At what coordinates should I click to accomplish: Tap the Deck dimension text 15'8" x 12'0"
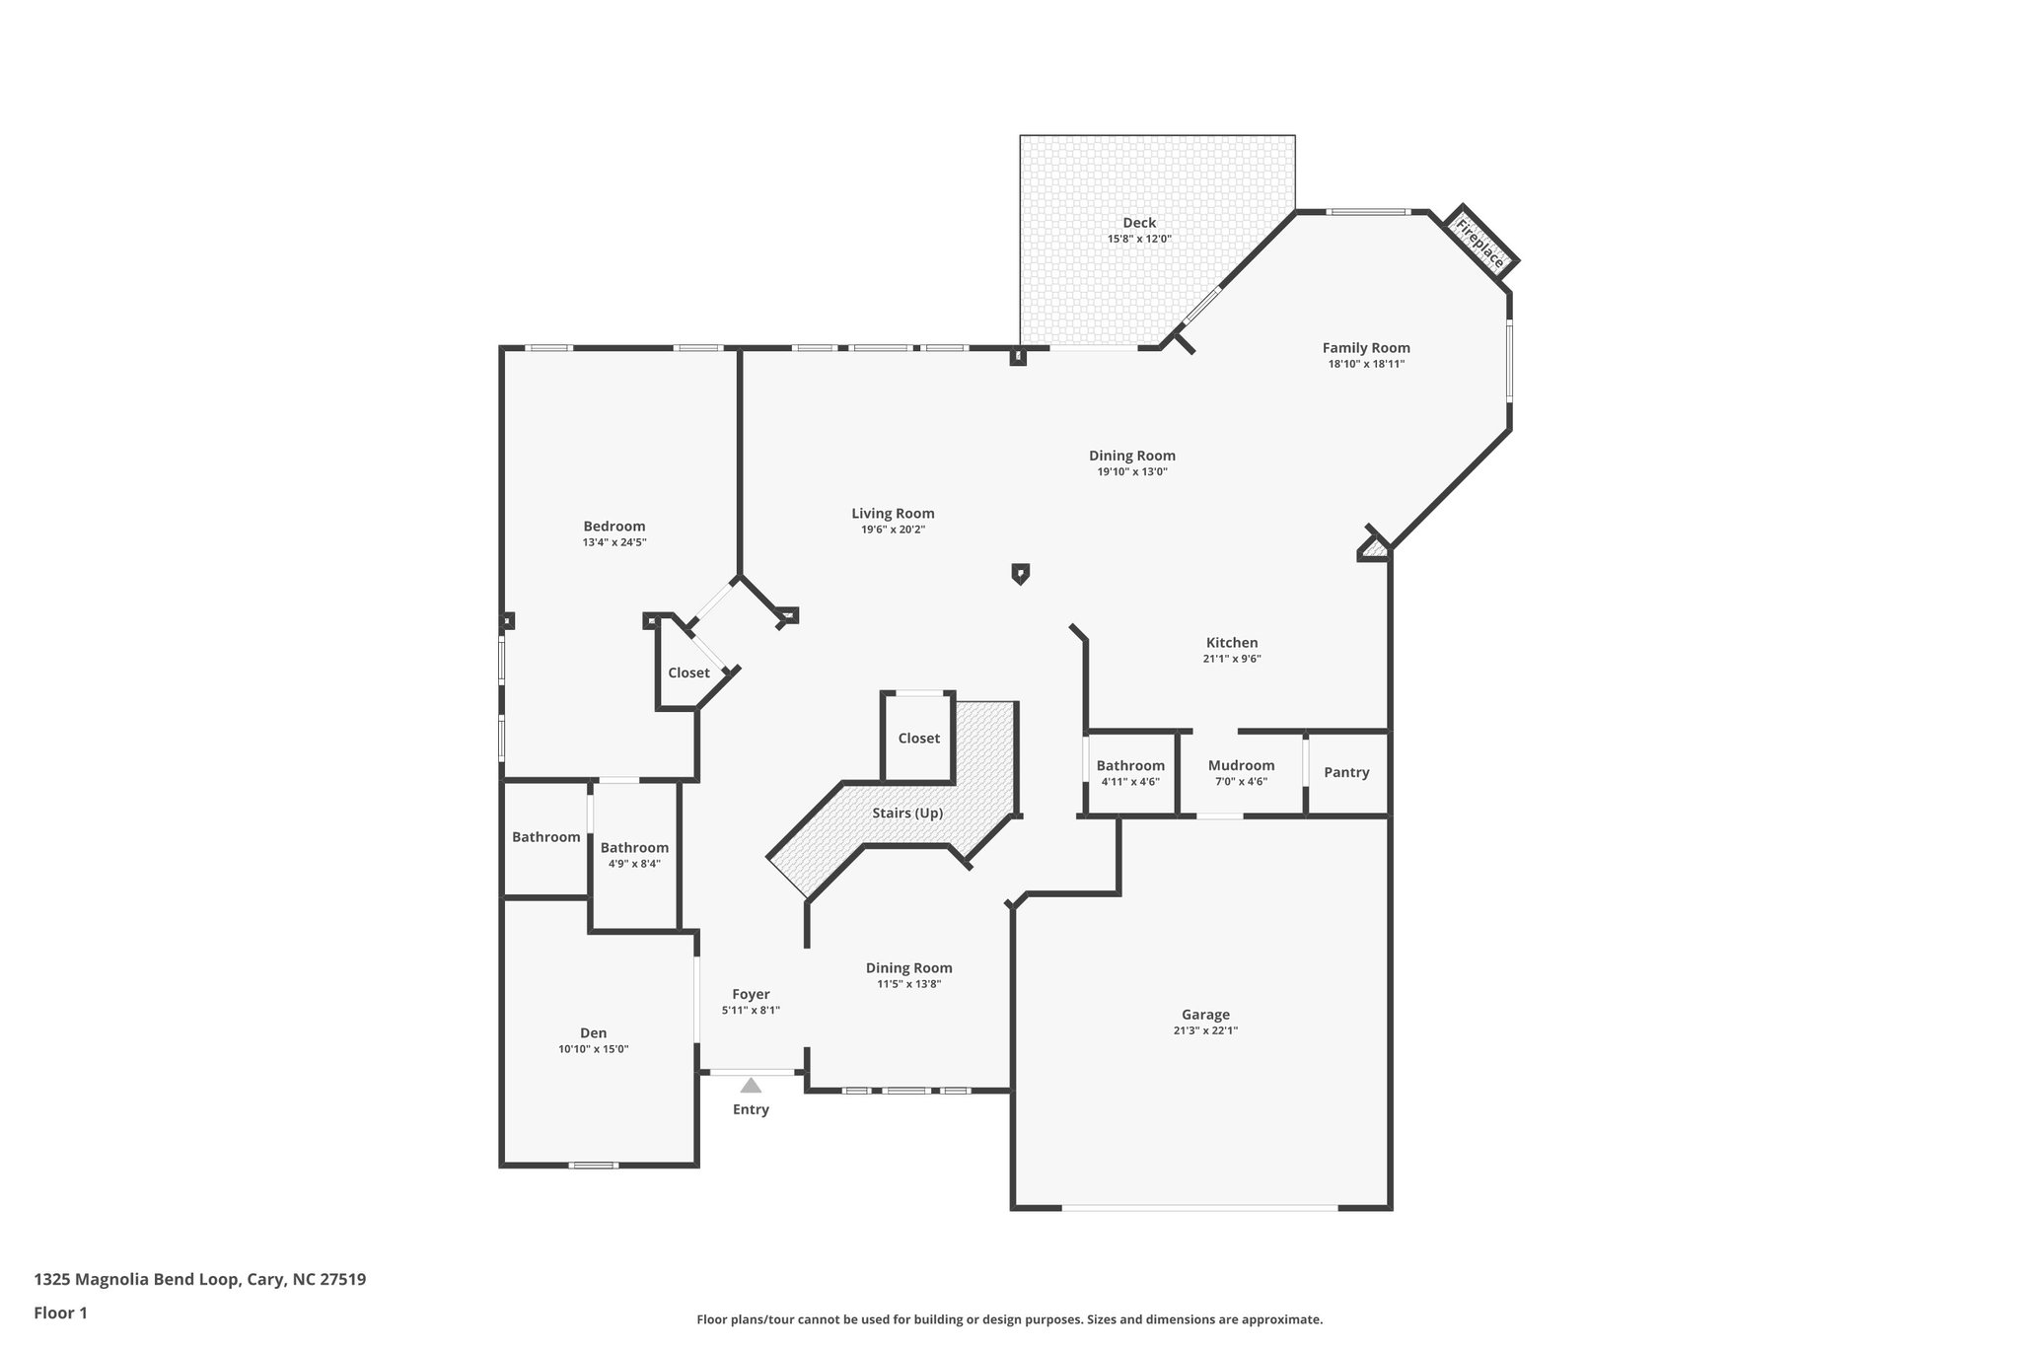pos(1139,239)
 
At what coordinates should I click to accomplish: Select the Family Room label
pos(1366,348)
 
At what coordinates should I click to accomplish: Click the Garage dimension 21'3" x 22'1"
pos(1205,1030)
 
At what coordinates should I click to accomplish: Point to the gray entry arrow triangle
pos(751,1086)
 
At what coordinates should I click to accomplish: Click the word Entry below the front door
pos(751,1109)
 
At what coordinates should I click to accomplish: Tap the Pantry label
pos(1346,772)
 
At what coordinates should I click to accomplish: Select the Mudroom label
pos(1241,765)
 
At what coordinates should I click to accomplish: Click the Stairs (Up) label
pos(907,814)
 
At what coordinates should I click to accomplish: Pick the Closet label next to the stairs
pos(918,739)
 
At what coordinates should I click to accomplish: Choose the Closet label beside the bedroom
pos(688,673)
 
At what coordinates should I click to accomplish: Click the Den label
pos(594,1032)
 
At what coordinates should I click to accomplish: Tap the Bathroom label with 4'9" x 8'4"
pos(634,847)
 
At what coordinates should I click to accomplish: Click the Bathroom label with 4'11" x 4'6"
pos(1130,765)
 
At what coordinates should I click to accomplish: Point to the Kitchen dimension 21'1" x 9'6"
pos(1232,659)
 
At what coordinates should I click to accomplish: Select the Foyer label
pos(751,994)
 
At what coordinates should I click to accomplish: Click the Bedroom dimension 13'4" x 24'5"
pos(614,542)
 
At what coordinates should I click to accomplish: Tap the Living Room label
pos(893,514)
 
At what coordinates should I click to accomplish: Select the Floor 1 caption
pos(61,1312)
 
